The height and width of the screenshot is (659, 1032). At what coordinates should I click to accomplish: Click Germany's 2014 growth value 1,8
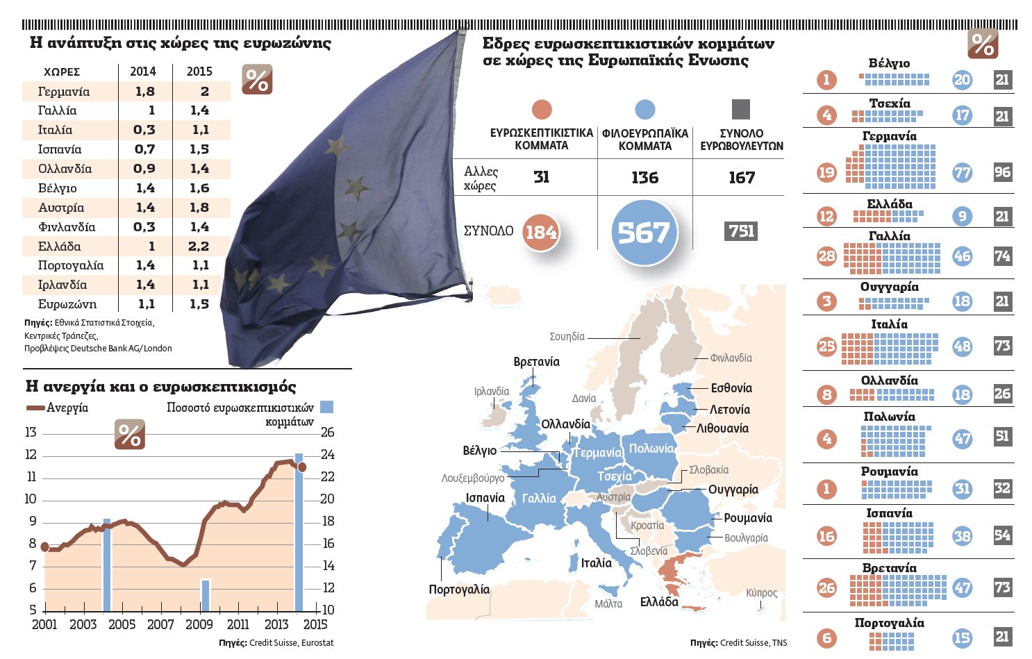[x=144, y=92]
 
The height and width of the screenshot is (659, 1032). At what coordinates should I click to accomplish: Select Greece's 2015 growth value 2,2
[x=199, y=247]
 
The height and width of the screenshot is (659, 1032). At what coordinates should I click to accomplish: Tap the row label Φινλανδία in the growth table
[x=67, y=227]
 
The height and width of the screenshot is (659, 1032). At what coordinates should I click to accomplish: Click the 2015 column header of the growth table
[x=199, y=72]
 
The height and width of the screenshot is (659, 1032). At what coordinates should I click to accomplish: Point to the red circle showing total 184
[x=541, y=232]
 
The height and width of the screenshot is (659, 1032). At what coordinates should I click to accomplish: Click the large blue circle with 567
[x=644, y=233]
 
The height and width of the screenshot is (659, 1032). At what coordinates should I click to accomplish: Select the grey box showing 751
[x=741, y=231]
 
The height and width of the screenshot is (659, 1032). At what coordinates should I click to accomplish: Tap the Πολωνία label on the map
[x=651, y=449]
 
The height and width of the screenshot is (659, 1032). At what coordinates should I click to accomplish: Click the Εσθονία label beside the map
[x=731, y=388]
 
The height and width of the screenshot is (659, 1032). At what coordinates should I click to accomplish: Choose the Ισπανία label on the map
[x=485, y=498]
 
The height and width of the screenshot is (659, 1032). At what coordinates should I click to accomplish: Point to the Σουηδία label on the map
[x=567, y=337]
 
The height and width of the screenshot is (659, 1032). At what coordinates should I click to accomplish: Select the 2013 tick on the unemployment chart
[x=276, y=624]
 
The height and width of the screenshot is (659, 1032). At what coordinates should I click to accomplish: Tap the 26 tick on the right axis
[x=327, y=433]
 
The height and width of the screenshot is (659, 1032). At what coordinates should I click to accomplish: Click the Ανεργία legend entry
[x=67, y=408]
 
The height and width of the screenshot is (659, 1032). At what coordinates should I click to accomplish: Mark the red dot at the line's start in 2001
[x=45, y=547]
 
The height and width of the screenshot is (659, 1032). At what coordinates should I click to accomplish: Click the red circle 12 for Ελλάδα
[x=826, y=216]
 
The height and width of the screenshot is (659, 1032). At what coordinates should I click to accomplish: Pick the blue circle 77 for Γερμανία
[x=962, y=172]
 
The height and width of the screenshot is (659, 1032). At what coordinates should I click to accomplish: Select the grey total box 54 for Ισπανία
[x=1002, y=535]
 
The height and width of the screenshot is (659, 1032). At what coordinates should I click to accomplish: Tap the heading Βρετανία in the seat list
[x=889, y=568]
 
